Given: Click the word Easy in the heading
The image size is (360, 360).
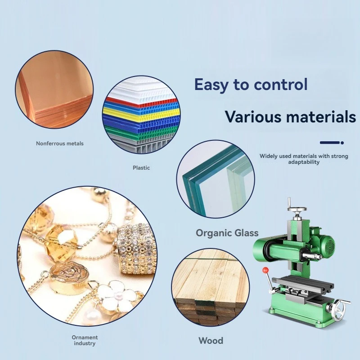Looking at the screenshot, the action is click(211, 85).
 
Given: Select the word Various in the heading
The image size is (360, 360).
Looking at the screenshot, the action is click(253, 117).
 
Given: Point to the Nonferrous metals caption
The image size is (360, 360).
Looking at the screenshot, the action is click(60, 144).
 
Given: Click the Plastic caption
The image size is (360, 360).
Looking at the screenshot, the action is click(141, 167).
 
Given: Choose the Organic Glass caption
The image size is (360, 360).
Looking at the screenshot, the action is click(227, 233).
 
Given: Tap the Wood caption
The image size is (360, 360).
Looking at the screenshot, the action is click(211, 341).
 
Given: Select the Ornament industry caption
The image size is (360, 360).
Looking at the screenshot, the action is click(85, 340).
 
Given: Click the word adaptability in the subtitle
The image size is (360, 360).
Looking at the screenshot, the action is click(304, 162).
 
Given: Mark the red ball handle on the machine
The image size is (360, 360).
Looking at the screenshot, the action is click(265, 270).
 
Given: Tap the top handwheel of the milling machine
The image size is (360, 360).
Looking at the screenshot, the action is click(297, 209).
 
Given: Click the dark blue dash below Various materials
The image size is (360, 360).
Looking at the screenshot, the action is click(330, 143).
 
